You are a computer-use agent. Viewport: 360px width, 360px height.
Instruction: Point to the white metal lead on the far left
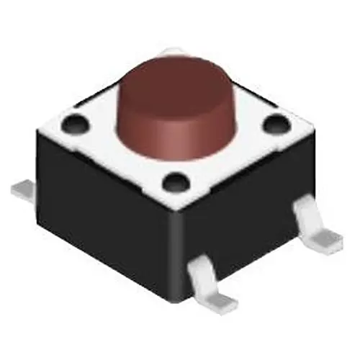click(x=26, y=189)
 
